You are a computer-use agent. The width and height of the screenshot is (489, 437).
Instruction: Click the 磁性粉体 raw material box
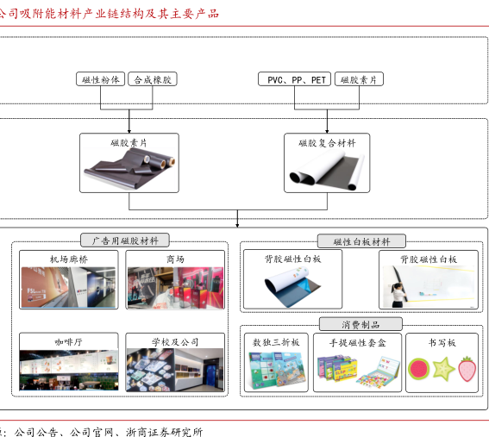click(100, 79)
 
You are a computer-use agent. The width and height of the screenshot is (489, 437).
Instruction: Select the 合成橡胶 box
click(153, 79)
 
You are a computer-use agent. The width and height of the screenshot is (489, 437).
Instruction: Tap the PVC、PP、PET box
click(294, 79)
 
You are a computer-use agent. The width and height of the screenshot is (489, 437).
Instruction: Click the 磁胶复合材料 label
click(327, 143)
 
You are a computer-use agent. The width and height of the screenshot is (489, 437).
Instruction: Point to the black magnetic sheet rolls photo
click(129, 167)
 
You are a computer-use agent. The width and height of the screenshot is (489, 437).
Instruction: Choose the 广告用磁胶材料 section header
click(125, 240)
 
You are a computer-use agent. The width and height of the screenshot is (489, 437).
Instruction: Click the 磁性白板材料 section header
click(361, 241)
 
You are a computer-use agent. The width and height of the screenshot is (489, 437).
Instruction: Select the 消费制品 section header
click(360, 324)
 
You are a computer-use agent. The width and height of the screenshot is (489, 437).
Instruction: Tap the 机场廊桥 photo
click(68, 287)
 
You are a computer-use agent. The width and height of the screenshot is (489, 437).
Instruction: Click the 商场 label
click(175, 259)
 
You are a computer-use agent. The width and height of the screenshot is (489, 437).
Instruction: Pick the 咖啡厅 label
click(69, 342)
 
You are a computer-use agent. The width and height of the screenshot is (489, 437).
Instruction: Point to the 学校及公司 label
click(175, 342)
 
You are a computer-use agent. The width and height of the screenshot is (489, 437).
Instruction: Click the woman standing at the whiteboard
click(398, 295)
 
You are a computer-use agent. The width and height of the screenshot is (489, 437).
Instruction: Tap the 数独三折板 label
click(276, 342)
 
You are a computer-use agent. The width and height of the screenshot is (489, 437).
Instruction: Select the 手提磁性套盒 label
click(357, 343)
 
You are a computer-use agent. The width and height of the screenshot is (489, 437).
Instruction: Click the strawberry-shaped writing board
click(467, 369)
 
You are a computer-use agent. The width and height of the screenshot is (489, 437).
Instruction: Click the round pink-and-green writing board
click(418, 369)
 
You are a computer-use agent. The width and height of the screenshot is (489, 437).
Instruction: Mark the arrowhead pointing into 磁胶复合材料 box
click(327, 131)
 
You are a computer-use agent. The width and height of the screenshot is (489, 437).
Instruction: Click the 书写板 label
click(442, 343)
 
